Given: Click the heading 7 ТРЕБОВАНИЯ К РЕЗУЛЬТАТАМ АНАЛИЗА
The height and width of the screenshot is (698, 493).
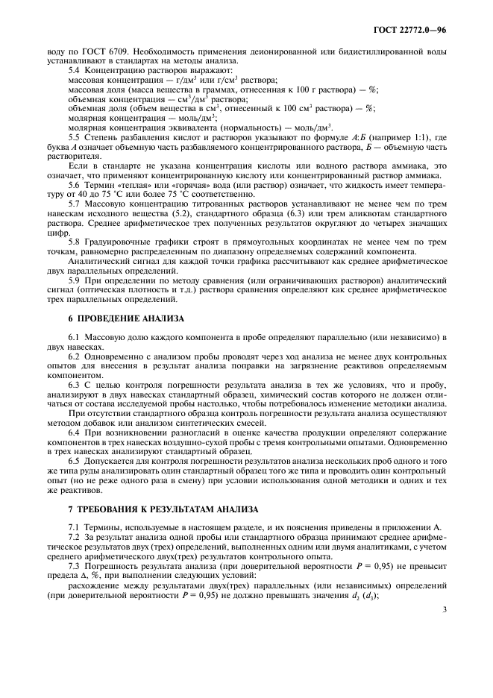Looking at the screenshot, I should [x=163, y=509].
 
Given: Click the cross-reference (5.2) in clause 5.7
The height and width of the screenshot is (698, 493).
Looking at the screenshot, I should [x=204, y=213].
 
